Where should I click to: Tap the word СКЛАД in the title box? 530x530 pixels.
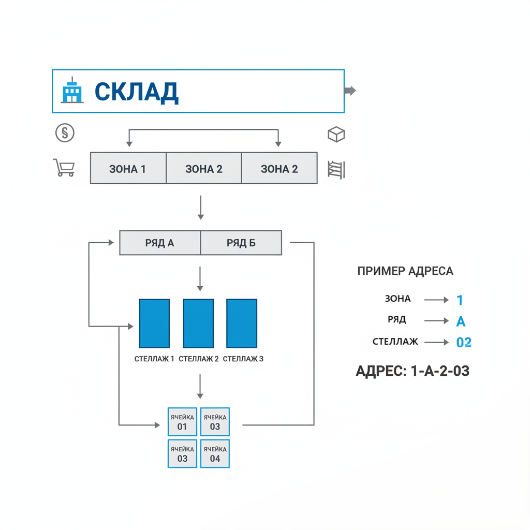click(x=137, y=92)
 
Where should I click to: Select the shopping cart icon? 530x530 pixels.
click(x=64, y=168)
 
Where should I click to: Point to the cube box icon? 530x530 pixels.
click(x=336, y=135)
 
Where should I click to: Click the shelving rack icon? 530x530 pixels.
click(x=336, y=169)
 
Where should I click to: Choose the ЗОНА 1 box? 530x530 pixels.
click(x=128, y=168)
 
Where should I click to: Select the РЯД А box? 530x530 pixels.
click(x=160, y=243)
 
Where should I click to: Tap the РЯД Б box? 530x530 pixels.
click(x=241, y=243)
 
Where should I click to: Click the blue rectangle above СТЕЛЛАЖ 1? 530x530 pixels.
click(x=154, y=323)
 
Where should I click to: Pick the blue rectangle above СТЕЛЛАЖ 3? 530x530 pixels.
click(x=242, y=323)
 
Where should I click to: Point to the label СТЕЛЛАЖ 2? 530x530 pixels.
click(x=198, y=358)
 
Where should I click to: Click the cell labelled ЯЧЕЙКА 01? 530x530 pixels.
click(x=182, y=422)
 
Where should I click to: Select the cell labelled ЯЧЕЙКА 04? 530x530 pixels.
click(x=215, y=453)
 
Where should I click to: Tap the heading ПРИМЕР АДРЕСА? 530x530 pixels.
click(x=405, y=271)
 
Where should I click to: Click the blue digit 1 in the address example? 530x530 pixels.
click(x=460, y=300)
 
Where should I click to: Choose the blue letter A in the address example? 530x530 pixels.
click(x=461, y=321)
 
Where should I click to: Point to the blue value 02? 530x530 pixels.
click(x=464, y=342)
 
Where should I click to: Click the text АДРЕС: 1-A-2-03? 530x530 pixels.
click(x=413, y=371)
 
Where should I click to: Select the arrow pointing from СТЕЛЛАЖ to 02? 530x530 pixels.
click(x=436, y=342)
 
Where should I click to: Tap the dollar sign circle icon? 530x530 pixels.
click(x=65, y=133)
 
